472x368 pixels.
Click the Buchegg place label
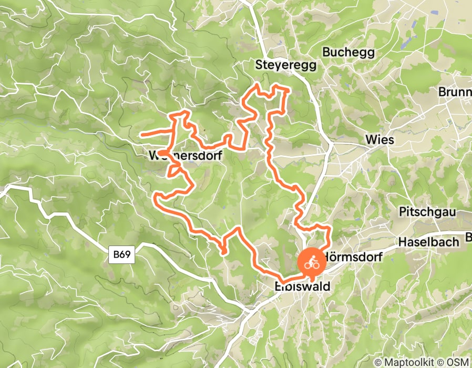[348, 53]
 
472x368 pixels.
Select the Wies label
[379, 140]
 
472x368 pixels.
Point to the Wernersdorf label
[186, 156]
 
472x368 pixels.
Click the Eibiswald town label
[302, 287]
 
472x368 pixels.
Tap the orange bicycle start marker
[311, 261]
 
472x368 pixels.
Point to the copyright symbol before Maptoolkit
[378, 362]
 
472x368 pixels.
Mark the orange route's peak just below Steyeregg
[257, 84]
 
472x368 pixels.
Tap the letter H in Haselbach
[402, 242]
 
